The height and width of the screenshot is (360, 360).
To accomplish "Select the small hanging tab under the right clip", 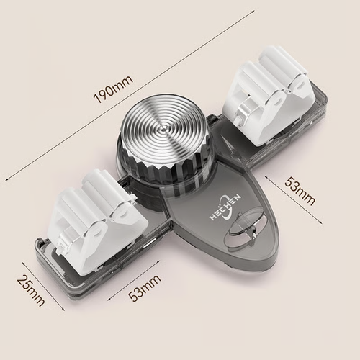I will pyautogui.click(x=246, y=109).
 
